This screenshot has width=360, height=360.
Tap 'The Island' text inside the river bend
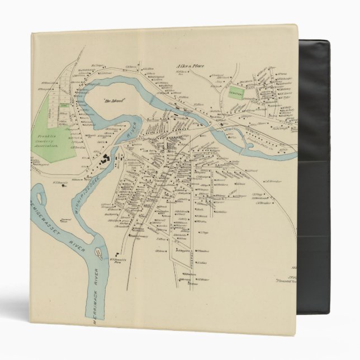click(115, 101)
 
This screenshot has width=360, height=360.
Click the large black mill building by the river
click(105, 160)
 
